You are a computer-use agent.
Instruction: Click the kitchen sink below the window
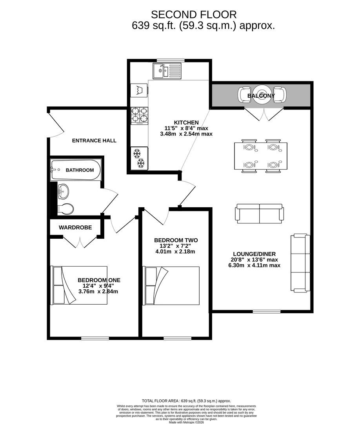click(x=167, y=71)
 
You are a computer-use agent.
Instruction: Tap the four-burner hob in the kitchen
click(x=140, y=116)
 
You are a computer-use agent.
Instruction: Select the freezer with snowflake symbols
click(x=139, y=158)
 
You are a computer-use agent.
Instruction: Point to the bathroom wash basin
click(x=63, y=192)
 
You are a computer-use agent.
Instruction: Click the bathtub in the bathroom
click(x=75, y=170)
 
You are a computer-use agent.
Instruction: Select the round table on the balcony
click(x=262, y=95)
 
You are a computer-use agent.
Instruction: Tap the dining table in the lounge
click(x=261, y=156)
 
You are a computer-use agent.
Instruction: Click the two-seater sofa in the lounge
click(x=260, y=214)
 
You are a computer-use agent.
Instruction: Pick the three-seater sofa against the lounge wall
click(x=300, y=263)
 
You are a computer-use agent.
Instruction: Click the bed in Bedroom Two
click(x=172, y=286)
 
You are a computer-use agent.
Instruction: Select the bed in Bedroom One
click(x=79, y=285)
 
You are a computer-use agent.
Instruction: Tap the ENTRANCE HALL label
click(x=94, y=141)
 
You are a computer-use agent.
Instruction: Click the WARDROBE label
click(x=75, y=228)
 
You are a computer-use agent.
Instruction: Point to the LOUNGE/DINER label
click(x=255, y=254)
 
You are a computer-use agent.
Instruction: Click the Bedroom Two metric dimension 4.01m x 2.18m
click(x=175, y=252)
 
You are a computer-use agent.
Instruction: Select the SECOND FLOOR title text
click(x=194, y=15)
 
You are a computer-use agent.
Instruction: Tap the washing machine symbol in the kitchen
click(x=139, y=90)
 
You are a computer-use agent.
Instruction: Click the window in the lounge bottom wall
click(x=267, y=311)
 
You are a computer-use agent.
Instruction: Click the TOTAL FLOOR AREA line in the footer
click(x=186, y=401)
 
